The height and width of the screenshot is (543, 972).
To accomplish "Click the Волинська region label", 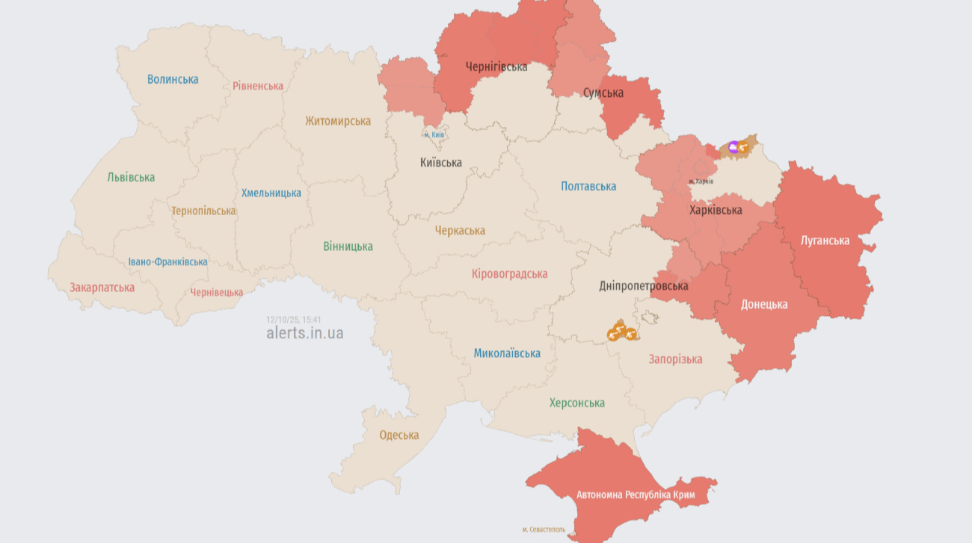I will (173, 79).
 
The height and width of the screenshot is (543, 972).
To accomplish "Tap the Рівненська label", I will (258, 86).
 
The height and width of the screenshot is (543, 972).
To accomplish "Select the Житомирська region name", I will (338, 121).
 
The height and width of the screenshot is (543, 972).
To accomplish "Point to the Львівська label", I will (131, 178).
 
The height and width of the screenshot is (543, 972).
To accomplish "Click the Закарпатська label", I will (102, 288).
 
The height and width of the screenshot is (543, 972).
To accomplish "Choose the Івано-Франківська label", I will (167, 262).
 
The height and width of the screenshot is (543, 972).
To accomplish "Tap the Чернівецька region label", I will (216, 293).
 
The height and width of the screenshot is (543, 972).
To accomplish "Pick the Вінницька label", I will (348, 246).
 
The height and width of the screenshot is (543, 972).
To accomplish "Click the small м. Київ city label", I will (434, 135).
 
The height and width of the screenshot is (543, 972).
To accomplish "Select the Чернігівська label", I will (496, 67).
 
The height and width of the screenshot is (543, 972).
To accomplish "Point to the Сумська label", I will (603, 93).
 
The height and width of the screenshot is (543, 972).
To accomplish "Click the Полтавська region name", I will (588, 187).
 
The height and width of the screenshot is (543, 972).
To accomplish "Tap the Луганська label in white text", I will (825, 241).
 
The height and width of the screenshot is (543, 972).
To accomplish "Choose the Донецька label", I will (764, 305).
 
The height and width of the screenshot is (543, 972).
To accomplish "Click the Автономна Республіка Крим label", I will (636, 495).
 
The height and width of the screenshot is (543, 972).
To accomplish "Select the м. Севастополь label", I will (544, 530).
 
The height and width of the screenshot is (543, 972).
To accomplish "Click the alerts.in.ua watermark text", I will (305, 333).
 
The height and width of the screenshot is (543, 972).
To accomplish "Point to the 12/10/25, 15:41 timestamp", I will (294, 320).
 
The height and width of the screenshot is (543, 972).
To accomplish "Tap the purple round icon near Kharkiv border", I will (733, 147).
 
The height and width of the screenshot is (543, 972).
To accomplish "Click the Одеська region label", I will (399, 435).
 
